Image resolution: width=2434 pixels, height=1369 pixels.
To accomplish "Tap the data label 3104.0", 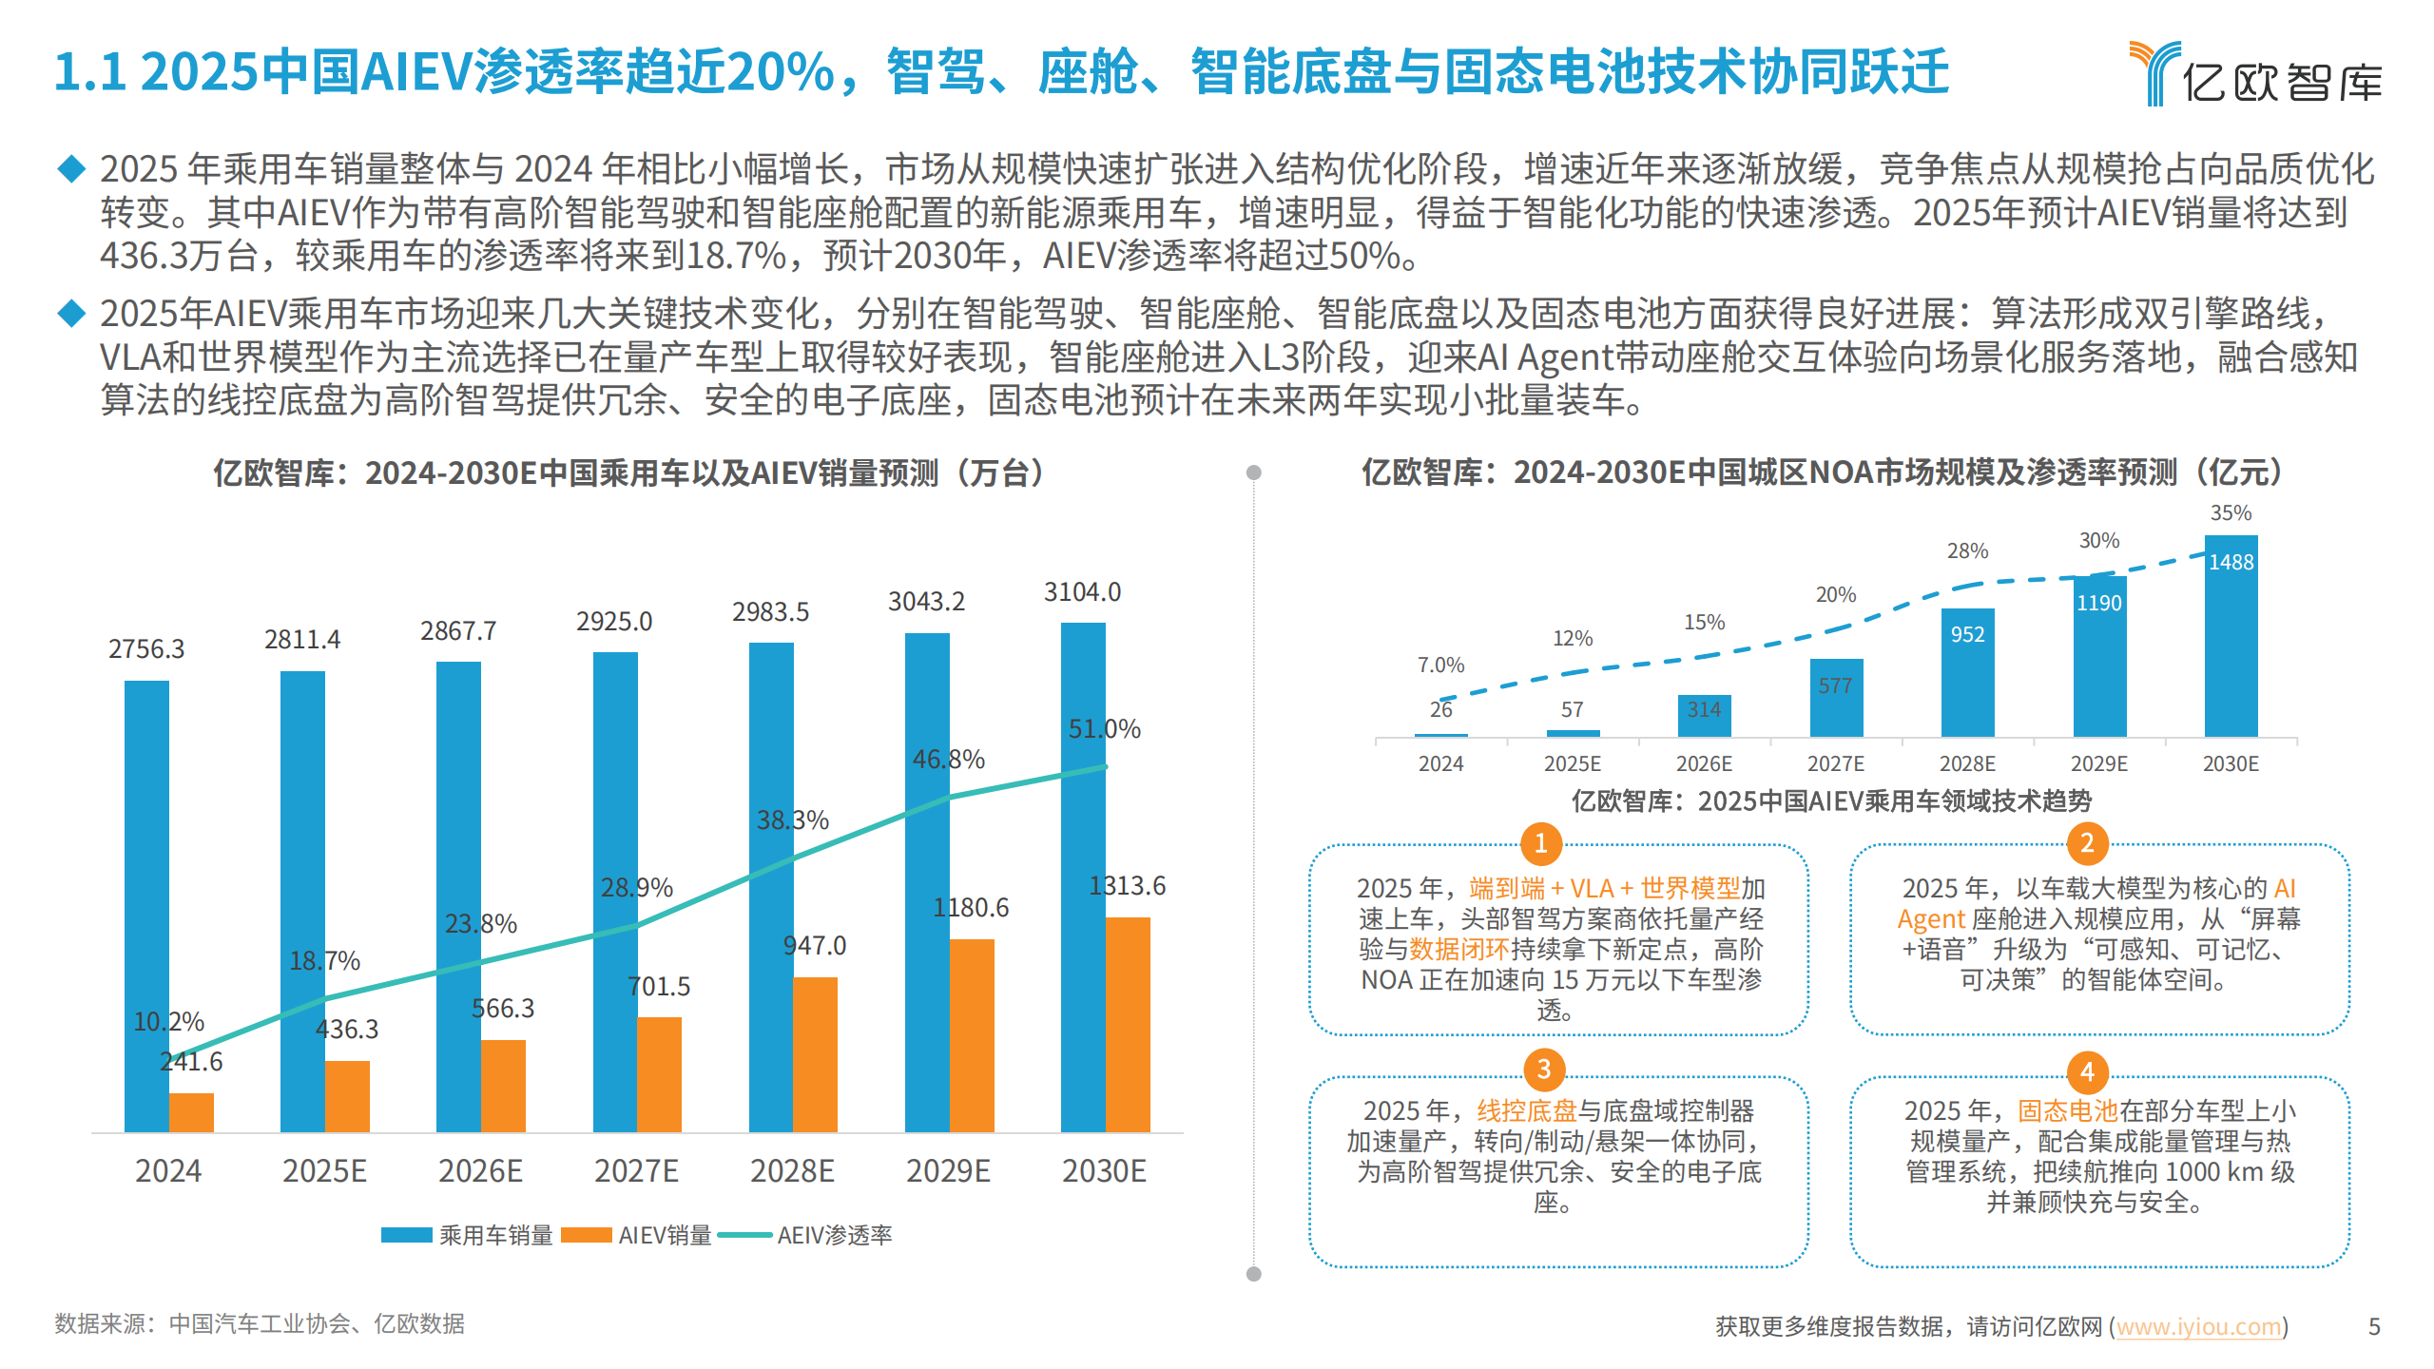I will pos(1082,592).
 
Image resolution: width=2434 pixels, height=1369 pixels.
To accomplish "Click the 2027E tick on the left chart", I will pos(636,1170).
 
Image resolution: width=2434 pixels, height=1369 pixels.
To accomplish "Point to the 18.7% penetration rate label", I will pos(324,960).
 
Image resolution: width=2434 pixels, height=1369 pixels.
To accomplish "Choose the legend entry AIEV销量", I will pos(637,1235).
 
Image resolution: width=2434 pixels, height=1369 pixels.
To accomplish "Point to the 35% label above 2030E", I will pos(2231,513).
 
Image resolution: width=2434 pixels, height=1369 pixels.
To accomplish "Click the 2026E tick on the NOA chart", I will pos(1704,763).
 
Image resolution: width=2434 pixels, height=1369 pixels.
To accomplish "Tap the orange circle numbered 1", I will pos(1541,843).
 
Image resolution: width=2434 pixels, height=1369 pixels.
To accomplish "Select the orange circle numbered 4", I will pos(2087,1072).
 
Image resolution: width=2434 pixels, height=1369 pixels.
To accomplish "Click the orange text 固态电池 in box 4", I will pos(2067,1110).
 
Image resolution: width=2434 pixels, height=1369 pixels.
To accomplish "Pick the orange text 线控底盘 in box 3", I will pos(1526,1110).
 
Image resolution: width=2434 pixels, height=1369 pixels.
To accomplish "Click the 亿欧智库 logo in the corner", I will pos(2255,74).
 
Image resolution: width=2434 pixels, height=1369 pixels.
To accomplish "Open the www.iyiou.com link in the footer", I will pos(2197,1326).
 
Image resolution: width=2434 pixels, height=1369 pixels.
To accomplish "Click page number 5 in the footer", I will pos(2374,1326).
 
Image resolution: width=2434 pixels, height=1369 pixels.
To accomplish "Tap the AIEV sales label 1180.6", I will pos(971,908).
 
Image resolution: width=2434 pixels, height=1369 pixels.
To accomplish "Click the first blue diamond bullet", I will pos(71,169).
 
